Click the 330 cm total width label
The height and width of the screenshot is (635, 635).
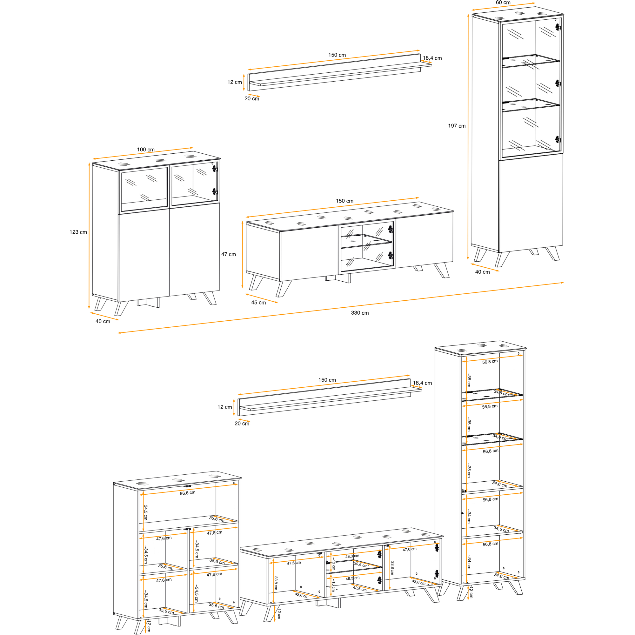pyautogui.click(x=360, y=313)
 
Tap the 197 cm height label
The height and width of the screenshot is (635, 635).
pyautogui.click(x=457, y=126)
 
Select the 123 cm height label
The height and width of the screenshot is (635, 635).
pyautogui.click(x=78, y=232)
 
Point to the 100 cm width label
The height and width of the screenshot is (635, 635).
pyautogui.click(x=146, y=150)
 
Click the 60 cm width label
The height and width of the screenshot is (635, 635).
pyautogui.click(x=503, y=3)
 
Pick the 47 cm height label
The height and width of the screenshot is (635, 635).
pyautogui.click(x=228, y=254)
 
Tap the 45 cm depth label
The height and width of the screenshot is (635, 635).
pyautogui.click(x=259, y=303)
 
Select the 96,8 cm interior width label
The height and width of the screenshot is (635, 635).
pyautogui.click(x=188, y=493)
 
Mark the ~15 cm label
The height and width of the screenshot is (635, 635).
pyautogui.click(x=333, y=585)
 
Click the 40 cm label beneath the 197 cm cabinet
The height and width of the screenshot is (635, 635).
pyautogui.click(x=483, y=272)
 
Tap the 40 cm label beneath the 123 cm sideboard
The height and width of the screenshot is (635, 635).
pyautogui.click(x=103, y=321)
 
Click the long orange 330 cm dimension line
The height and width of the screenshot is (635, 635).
pyautogui.click(x=340, y=308)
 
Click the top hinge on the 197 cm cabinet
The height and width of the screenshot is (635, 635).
pyautogui.click(x=558, y=27)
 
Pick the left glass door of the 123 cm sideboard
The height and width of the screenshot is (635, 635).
pyautogui.click(x=144, y=189)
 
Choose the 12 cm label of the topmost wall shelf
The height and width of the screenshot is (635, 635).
pyautogui.click(x=235, y=82)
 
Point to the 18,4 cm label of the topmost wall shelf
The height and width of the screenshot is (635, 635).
pyautogui.click(x=432, y=58)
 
